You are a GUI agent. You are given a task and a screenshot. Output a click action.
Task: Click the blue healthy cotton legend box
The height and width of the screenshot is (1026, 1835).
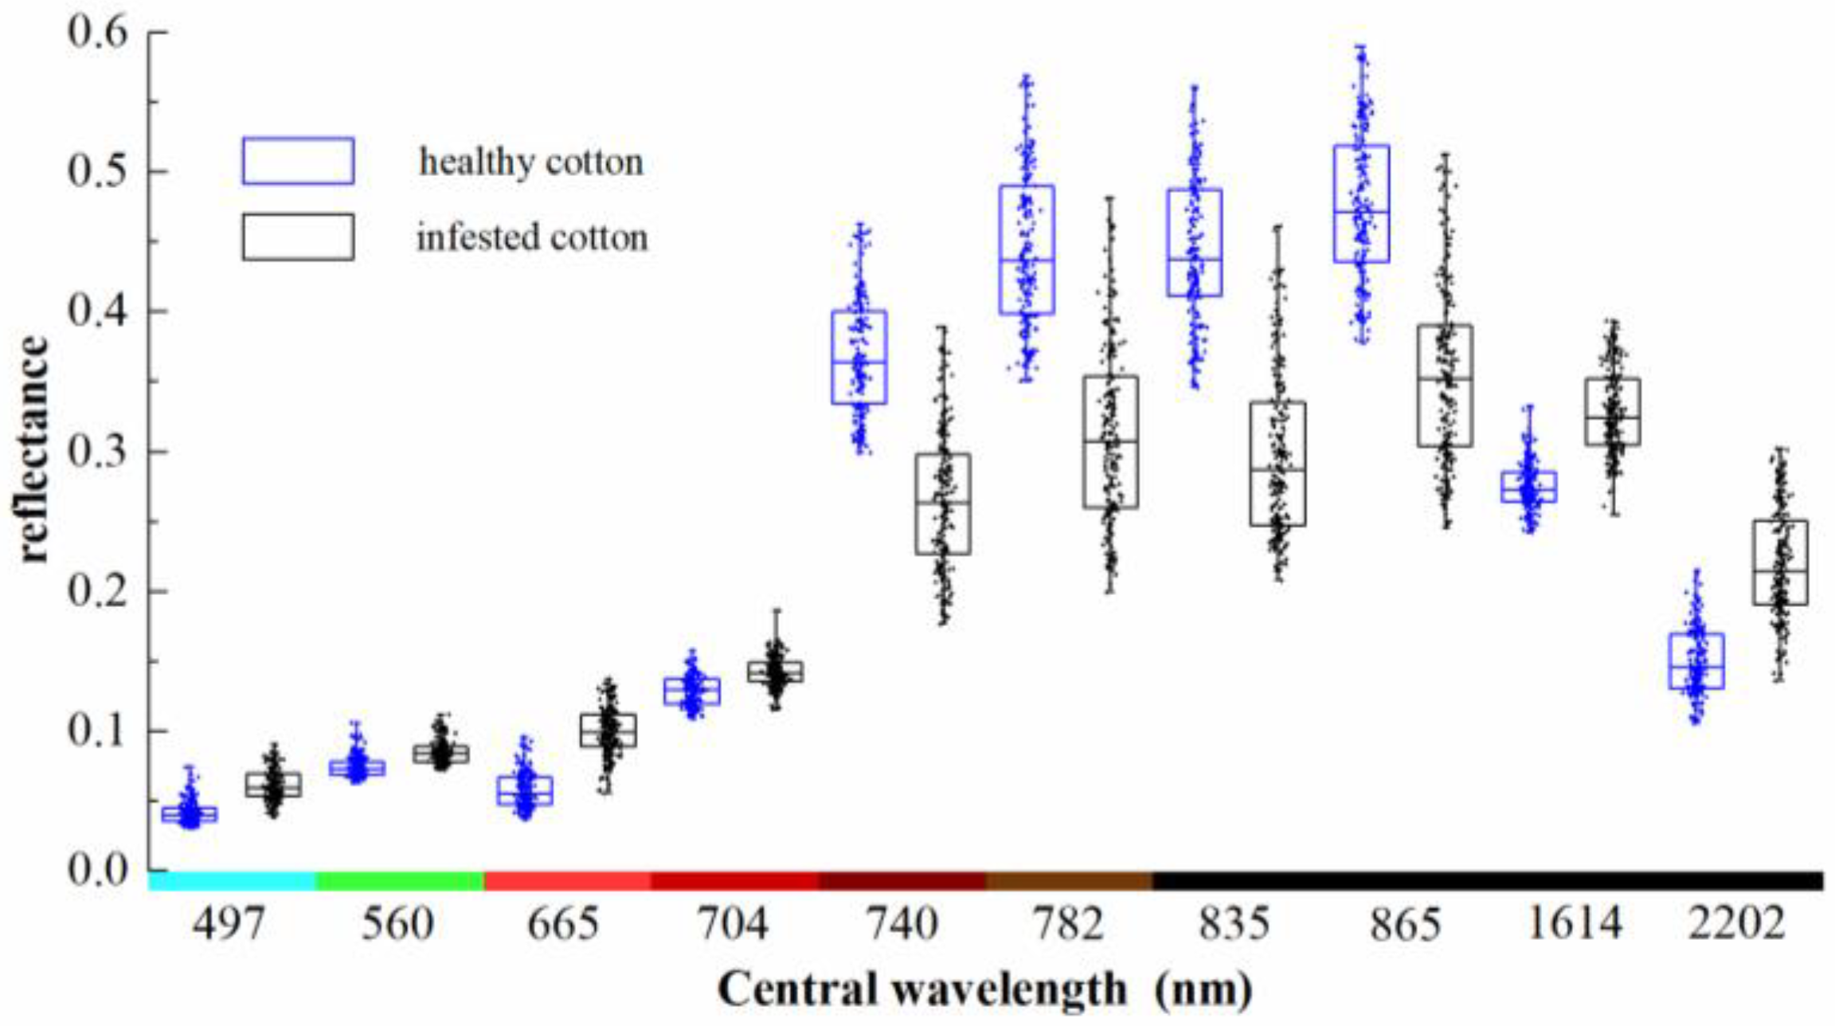[x=298, y=161]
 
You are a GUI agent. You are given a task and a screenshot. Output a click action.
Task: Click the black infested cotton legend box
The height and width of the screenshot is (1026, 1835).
[x=298, y=237]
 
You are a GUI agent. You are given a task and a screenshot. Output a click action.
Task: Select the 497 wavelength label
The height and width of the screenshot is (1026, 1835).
[x=229, y=924]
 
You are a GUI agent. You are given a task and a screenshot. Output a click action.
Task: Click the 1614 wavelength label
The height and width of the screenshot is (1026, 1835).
[x=1574, y=924]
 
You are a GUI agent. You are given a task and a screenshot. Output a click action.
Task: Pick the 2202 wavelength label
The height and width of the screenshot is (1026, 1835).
[x=1736, y=924]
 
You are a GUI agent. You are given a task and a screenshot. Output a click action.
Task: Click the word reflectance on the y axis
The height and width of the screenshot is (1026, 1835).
[x=33, y=450]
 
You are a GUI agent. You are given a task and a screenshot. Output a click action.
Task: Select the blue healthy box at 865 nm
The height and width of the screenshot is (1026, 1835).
[x=1362, y=204]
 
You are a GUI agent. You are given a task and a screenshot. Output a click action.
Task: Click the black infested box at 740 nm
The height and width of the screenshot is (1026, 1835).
[x=943, y=504]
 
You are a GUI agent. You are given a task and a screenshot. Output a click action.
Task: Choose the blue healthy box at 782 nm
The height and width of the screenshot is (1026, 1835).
[x=1027, y=250]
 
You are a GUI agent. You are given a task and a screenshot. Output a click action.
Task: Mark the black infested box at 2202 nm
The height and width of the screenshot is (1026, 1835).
[x=1780, y=562]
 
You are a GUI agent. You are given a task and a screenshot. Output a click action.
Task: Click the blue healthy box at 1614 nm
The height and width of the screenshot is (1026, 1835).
[x=1529, y=487]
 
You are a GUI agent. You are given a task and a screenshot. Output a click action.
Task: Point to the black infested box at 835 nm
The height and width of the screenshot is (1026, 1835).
[x=1277, y=464]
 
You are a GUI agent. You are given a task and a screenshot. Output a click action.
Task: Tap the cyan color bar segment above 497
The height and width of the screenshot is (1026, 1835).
[x=232, y=881]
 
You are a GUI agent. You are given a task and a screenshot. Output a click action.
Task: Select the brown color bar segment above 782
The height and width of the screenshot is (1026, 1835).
[x=1069, y=881]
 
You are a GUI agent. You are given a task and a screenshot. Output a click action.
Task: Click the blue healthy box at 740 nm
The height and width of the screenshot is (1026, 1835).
[x=859, y=358]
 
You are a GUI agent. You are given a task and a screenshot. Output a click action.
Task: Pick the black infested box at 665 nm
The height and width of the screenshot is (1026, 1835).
[x=608, y=730]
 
